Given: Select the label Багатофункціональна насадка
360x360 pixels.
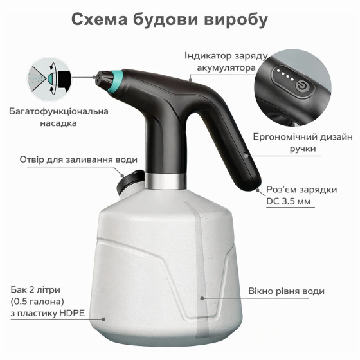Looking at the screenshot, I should (59, 116).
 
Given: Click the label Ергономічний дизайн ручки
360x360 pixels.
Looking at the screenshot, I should (302, 143).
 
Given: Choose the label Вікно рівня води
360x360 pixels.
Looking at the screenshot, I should (286, 291).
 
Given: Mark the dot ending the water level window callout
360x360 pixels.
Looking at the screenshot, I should (202, 298).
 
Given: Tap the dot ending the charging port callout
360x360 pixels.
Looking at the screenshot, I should (260, 188).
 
